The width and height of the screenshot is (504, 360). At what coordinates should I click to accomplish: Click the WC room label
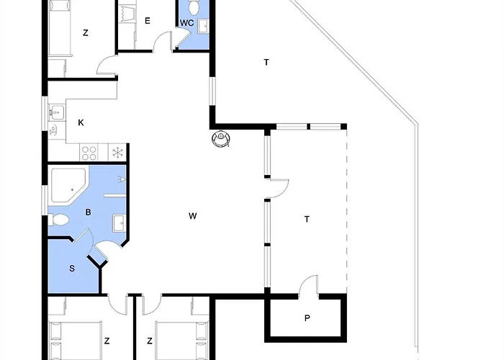point(186,23)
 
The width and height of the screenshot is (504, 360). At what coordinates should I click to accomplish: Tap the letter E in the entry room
point(148,21)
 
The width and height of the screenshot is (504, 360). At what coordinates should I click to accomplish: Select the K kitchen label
point(81,122)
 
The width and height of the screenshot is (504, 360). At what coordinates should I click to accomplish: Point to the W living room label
point(192,216)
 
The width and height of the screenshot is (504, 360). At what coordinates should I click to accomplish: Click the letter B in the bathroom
point(88,212)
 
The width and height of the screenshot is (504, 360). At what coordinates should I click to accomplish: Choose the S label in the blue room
point(72,269)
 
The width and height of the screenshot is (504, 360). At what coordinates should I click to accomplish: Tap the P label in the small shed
point(307,318)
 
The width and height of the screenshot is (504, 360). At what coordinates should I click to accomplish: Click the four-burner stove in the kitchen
point(89,153)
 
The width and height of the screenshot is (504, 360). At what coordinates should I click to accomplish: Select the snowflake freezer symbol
point(117,153)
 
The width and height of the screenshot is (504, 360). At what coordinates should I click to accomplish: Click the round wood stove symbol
point(221,138)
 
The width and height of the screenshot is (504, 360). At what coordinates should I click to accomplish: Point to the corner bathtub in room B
point(68,185)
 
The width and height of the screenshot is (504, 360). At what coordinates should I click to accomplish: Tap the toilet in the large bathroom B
point(59,220)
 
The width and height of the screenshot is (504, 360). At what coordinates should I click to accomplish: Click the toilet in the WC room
point(194,7)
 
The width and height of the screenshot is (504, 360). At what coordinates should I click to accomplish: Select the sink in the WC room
point(203,26)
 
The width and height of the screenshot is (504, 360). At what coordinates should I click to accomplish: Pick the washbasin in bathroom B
point(119,223)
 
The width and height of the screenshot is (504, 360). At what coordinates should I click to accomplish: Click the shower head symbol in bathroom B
point(122,179)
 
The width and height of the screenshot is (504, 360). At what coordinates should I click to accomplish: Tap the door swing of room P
point(309,284)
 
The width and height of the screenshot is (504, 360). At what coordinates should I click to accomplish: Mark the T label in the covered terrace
point(307,219)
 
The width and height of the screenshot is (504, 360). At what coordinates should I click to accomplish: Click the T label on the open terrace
point(266,63)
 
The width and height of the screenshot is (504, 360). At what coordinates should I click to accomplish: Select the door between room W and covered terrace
point(278,188)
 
